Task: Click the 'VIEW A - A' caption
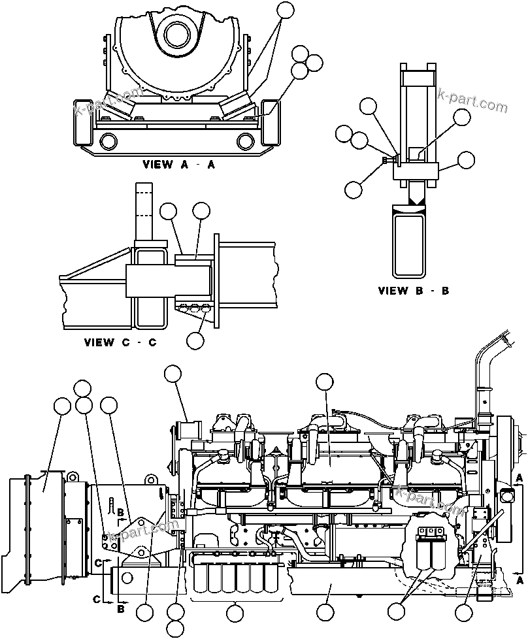[x=178, y=165]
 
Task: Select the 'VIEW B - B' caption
[x=413, y=291]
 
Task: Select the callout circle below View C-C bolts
[x=195, y=340]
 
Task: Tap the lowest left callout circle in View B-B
[x=353, y=189]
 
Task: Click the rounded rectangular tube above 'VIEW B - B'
[x=409, y=240]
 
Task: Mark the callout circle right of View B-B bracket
[x=466, y=159]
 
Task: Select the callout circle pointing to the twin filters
[x=395, y=612]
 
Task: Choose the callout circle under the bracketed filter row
[x=234, y=613]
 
